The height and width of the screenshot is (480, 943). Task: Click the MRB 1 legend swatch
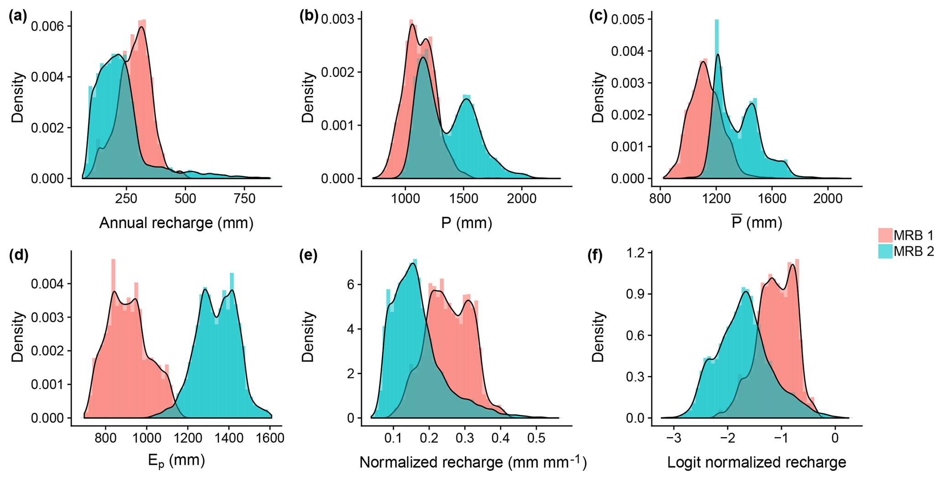pos(885,235)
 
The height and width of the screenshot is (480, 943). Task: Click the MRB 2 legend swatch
pos(885,251)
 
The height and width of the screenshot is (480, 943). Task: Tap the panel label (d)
pos(18,256)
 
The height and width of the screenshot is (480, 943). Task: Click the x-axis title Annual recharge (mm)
pos(176,223)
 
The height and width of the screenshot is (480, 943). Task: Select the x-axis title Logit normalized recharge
pos(756,463)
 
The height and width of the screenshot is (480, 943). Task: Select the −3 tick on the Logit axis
pos(673,438)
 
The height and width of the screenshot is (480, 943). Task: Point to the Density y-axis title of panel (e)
pos(308,337)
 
